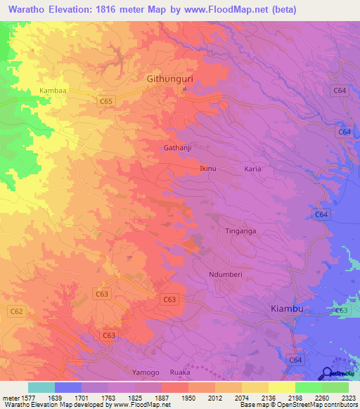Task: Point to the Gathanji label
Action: coord(177,148)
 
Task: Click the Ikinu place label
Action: coord(208,169)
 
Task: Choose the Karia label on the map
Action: coord(252,169)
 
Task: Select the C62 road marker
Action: coord(16,311)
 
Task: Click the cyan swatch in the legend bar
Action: coord(41,387)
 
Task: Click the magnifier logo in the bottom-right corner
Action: coord(328,373)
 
